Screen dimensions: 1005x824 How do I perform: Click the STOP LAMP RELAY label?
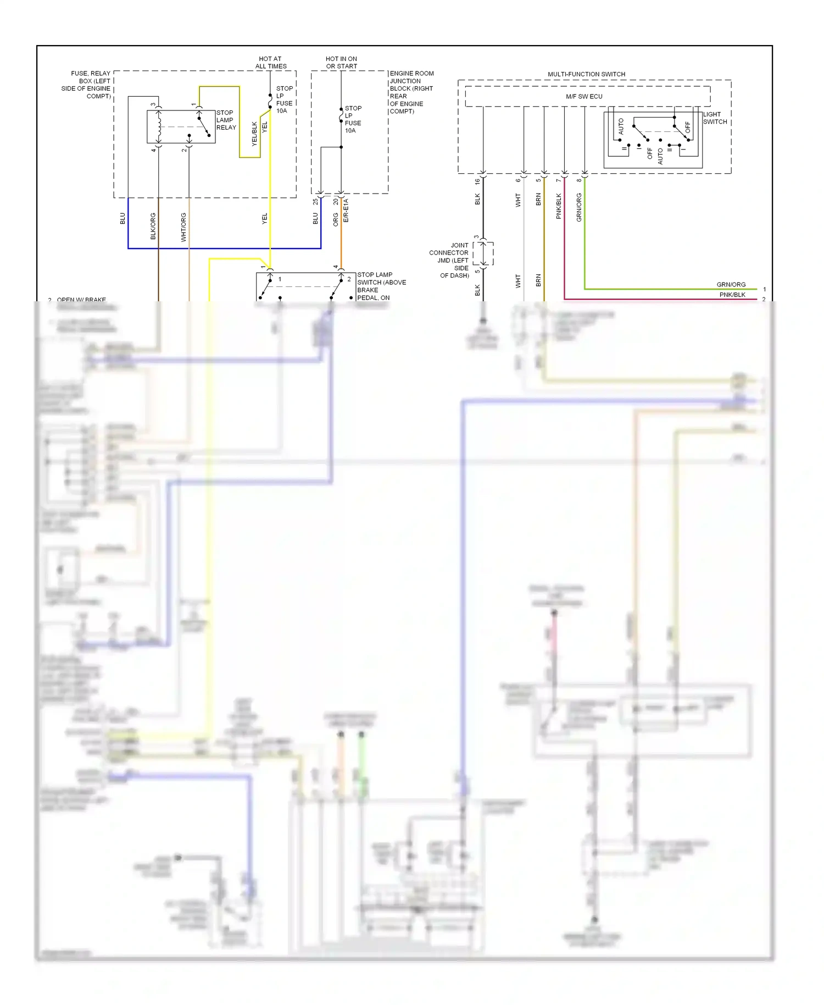225,120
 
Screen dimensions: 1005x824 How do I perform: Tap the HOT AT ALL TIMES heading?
270,62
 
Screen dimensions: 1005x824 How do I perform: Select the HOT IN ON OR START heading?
341,62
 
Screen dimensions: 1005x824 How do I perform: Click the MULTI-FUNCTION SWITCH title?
586,74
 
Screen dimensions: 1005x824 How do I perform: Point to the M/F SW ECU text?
584,96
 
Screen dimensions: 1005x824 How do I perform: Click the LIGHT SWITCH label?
714,118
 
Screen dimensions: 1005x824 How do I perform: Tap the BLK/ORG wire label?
153,226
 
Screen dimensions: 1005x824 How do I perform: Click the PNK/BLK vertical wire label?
559,206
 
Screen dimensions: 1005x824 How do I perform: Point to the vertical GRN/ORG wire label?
579,207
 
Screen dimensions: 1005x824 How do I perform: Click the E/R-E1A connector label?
346,211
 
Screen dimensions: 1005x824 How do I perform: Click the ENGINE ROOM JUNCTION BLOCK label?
411,92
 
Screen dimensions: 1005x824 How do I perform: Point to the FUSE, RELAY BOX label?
88,84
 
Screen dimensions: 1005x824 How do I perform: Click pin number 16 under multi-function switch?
477,181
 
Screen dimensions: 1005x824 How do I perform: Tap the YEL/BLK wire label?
254,134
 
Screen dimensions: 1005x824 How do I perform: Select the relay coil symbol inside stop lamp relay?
159,127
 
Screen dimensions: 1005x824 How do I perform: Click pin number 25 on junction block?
315,202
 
